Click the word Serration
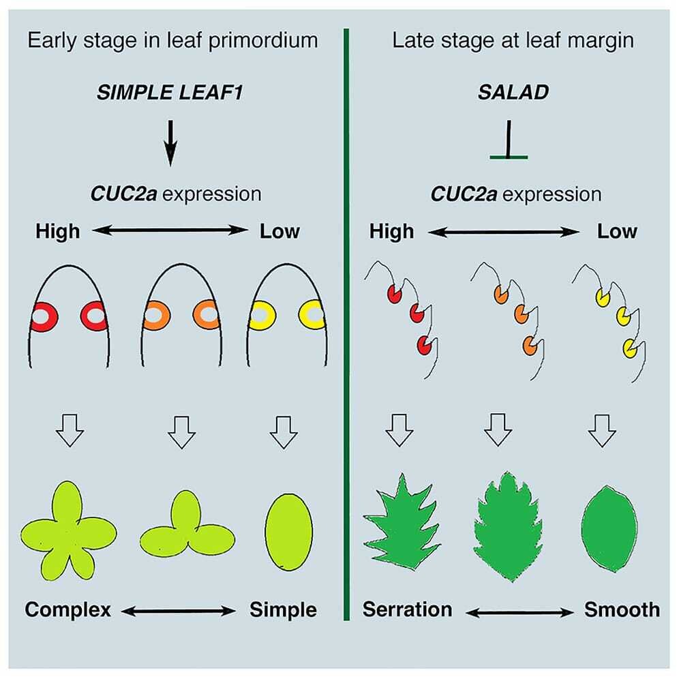pyautogui.click(x=407, y=609)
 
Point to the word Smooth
pyautogui.click(x=622, y=609)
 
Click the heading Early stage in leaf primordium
pyautogui.click(x=172, y=40)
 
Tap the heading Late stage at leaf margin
pyautogui.click(x=513, y=40)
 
